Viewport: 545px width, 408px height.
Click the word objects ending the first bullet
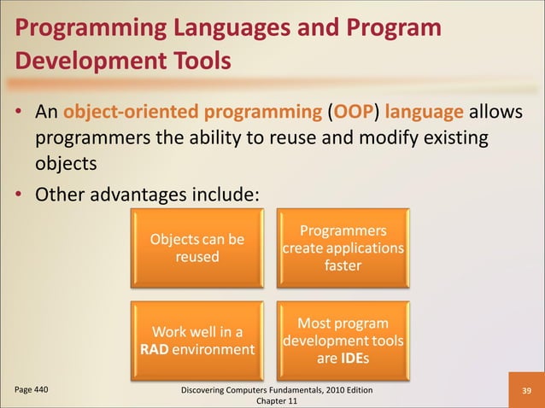[66, 162]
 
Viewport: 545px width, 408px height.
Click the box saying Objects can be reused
[197, 248]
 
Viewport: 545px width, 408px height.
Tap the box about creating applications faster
[343, 248]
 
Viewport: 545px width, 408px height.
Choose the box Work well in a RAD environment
[197, 341]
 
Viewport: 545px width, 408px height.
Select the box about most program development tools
[343, 341]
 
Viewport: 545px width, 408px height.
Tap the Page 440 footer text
[31, 389]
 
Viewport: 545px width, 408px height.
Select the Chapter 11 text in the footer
[271, 401]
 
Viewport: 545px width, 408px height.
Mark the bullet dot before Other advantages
[20, 195]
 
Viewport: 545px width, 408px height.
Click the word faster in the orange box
[343, 265]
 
